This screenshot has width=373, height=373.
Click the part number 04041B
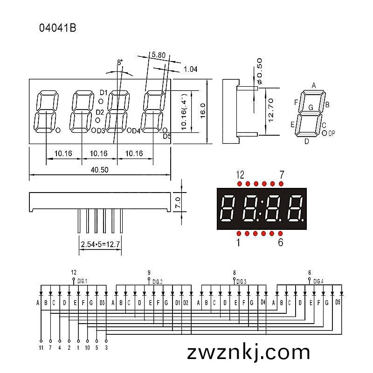click(x=57, y=28)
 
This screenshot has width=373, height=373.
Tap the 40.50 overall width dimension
click(x=99, y=170)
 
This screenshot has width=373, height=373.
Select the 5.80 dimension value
click(x=159, y=55)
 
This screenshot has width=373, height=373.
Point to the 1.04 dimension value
click(x=191, y=69)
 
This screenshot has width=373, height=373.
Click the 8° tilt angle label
click(x=120, y=62)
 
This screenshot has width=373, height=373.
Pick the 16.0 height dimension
click(x=203, y=111)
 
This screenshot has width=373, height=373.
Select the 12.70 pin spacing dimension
click(x=271, y=111)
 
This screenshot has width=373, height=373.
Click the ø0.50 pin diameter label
click(x=259, y=71)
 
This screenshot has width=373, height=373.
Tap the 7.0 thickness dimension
click(x=178, y=202)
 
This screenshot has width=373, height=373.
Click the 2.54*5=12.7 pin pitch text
click(x=100, y=244)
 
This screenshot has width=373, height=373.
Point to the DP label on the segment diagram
click(x=332, y=133)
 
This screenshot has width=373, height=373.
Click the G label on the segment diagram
click(x=311, y=108)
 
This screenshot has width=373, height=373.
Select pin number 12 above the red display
click(x=240, y=175)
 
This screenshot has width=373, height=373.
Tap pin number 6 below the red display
click(x=281, y=242)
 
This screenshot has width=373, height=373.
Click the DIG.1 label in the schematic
click(x=83, y=281)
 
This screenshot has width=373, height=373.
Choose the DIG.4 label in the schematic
click(x=318, y=282)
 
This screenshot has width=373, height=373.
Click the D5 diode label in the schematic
click(x=338, y=302)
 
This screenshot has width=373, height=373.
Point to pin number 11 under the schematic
click(x=41, y=348)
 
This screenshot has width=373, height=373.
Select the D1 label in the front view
click(x=104, y=92)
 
